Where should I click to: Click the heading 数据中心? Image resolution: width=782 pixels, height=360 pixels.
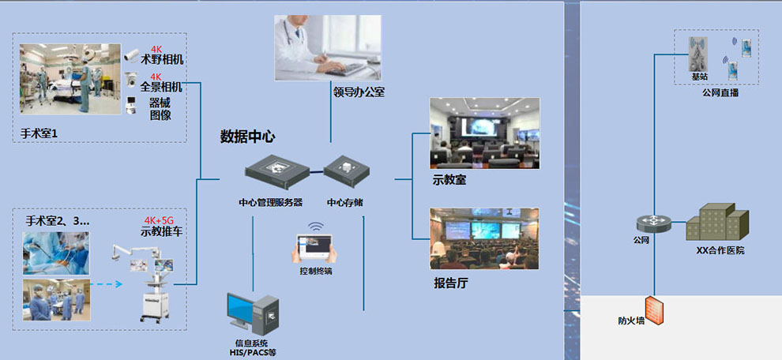(247, 136)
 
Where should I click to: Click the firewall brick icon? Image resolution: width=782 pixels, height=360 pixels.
(653, 311)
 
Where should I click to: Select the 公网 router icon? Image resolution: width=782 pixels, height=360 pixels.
(654, 223)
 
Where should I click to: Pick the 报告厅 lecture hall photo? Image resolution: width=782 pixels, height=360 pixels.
(484, 238)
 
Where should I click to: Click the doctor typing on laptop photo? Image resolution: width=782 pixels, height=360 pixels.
(327, 48)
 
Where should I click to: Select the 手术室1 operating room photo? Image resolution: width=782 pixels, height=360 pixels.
(70, 79)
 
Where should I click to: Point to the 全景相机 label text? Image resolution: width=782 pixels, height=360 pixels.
(162, 87)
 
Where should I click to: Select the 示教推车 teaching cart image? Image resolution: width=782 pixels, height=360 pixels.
(151, 280)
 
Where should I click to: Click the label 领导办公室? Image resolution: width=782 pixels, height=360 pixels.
(359, 92)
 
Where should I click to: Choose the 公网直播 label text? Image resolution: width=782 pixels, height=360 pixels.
(720, 92)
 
